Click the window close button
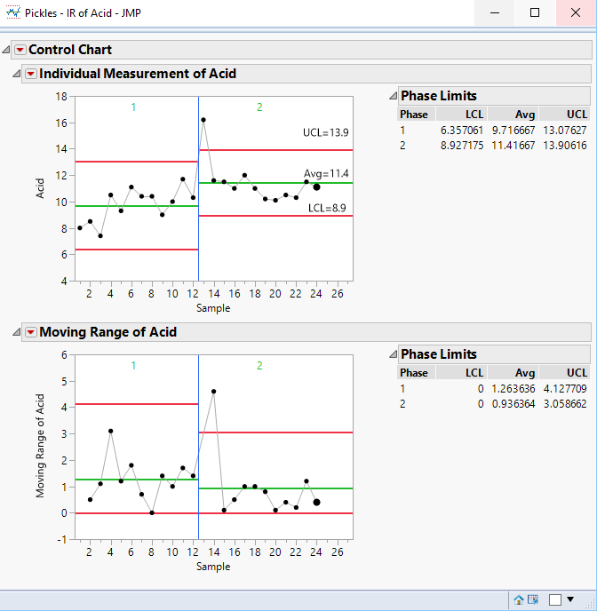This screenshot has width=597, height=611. (575, 13)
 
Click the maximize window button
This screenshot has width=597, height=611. (535, 13)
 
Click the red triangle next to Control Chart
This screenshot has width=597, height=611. (20, 50)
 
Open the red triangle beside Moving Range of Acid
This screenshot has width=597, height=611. (31, 332)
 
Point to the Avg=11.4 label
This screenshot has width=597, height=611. (327, 174)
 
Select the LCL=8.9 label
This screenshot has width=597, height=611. (329, 207)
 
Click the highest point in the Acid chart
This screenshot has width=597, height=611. (203, 120)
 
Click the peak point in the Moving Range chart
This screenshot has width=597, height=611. (213, 392)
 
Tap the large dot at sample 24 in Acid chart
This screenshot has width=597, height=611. (316, 187)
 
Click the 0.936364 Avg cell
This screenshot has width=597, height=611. (513, 403)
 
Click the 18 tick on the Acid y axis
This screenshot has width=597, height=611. (62, 96)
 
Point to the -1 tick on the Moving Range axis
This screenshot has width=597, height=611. (62, 539)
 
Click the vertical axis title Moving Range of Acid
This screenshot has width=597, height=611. (41, 447)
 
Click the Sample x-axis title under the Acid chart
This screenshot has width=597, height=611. (213, 308)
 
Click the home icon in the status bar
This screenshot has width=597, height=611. (519, 599)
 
